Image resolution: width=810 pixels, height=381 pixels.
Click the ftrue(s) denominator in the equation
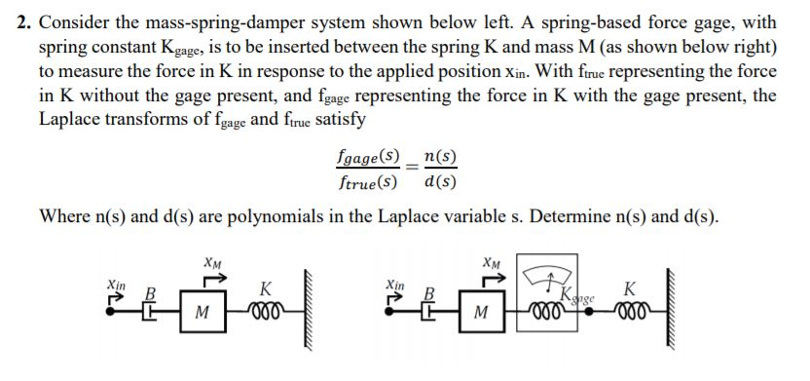(x=365, y=181)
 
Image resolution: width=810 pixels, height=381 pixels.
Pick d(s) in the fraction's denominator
(x=441, y=181)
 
